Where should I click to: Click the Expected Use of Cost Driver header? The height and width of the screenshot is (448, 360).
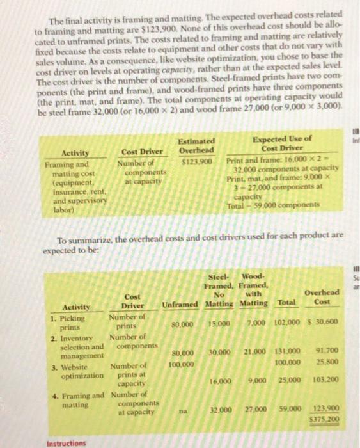283,143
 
